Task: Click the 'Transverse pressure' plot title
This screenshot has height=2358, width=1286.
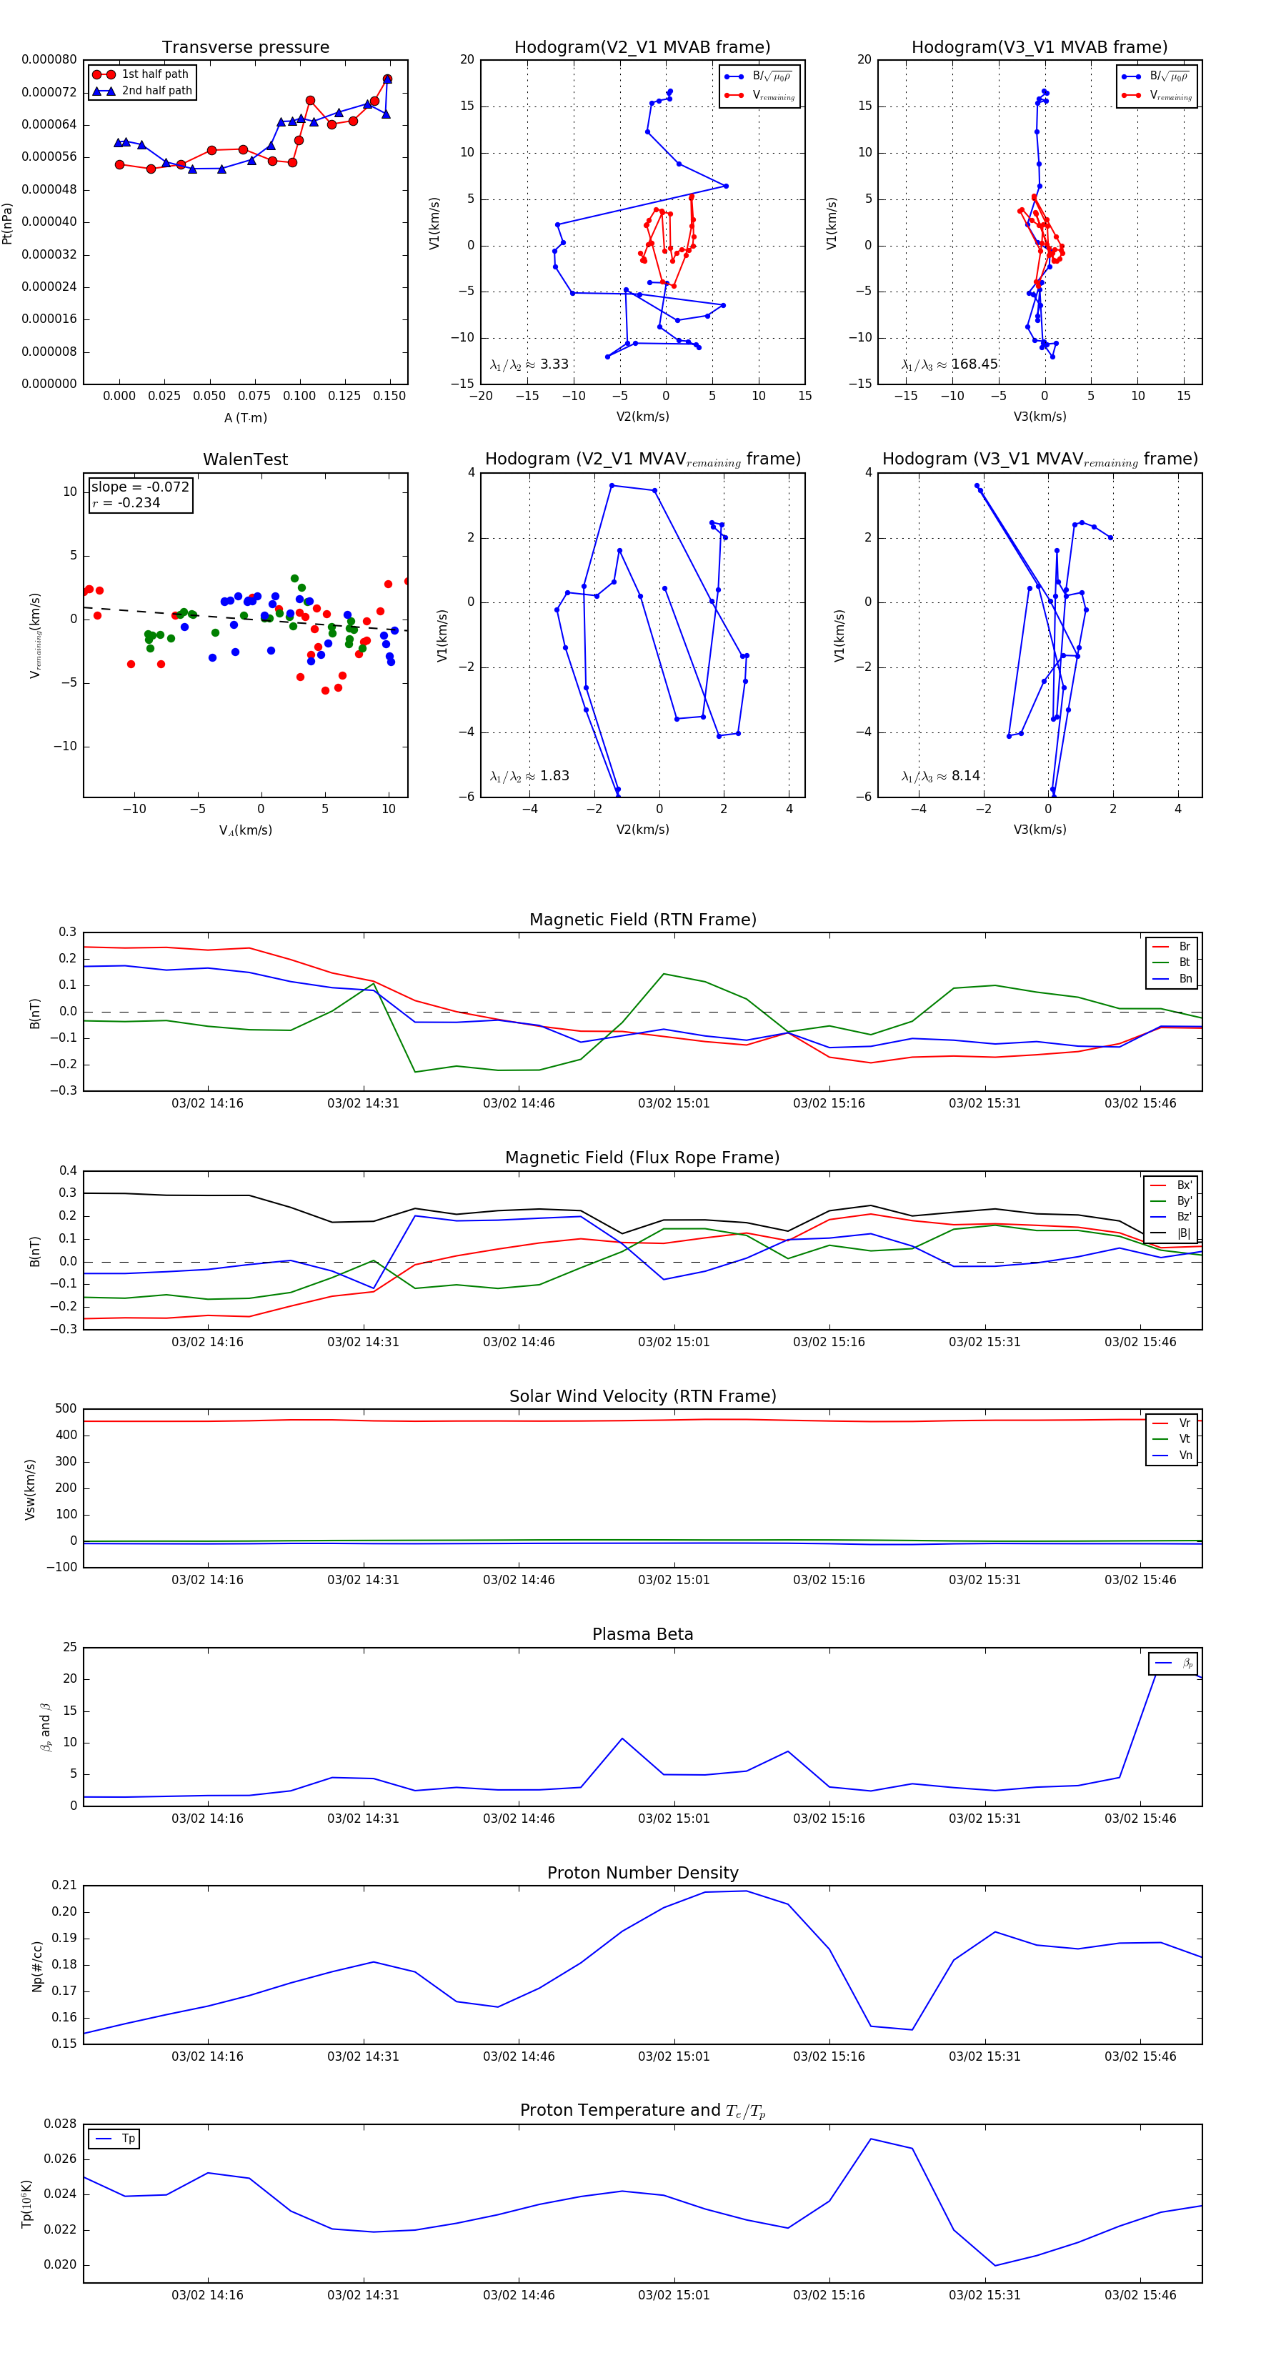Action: pyautogui.click(x=245, y=48)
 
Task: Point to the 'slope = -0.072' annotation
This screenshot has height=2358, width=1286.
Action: pyautogui.click(x=140, y=487)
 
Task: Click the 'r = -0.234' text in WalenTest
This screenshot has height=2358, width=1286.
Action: pyautogui.click(x=126, y=502)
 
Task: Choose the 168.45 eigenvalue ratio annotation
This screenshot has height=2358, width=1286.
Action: pyautogui.click(x=949, y=364)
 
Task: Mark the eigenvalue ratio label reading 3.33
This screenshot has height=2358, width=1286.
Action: pyautogui.click(x=529, y=364)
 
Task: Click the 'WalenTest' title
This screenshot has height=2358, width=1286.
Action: pyautogui.click(x=245, y=459)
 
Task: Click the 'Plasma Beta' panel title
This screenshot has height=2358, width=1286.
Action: pyautogui.click(x=642, y=1635)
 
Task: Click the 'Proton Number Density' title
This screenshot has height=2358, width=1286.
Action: pyautogui.click(x=642, y=1873)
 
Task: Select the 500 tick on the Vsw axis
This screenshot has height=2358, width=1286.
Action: pyautogui.click(x=65, y=1409)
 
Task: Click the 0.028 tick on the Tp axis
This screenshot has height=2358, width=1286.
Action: pyautogui.click(x=61, y=2124)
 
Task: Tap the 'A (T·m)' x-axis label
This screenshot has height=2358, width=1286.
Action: pyautogui.click(x=245, y=418)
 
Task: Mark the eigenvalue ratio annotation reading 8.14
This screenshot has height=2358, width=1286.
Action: pyautogui.click(x=940, y=776)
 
